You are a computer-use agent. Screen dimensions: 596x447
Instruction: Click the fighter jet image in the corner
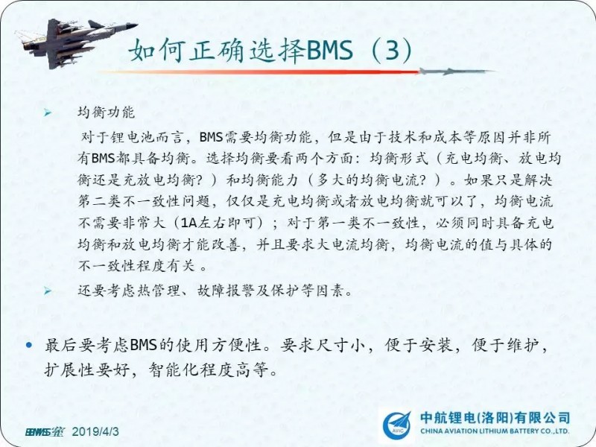(x=76, y=42)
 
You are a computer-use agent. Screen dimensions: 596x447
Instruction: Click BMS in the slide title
(x=329, y=51)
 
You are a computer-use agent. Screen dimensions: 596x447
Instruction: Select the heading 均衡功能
(x=106, y=112)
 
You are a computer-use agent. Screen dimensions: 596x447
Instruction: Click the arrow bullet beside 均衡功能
(x=48, y=112)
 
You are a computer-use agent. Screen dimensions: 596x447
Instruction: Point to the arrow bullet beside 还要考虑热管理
(x=48, y=291)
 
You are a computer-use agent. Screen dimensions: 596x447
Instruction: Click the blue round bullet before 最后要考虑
(x=29, y=346)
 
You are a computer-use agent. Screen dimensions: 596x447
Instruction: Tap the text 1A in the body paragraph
(x=188, y=222)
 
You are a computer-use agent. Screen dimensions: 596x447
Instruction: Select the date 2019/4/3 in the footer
(x=95, y=432)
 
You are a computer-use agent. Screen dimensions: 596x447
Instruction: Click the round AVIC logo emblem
(x=397, y=425)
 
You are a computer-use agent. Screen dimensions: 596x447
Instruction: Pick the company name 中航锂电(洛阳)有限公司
(x=495, y=418)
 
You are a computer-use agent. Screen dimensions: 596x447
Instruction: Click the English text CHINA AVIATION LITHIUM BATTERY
(x=480, y=431)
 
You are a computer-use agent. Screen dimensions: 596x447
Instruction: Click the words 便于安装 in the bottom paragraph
(x=419, y=346)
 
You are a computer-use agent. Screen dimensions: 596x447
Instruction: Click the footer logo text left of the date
(x=45, y=432)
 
